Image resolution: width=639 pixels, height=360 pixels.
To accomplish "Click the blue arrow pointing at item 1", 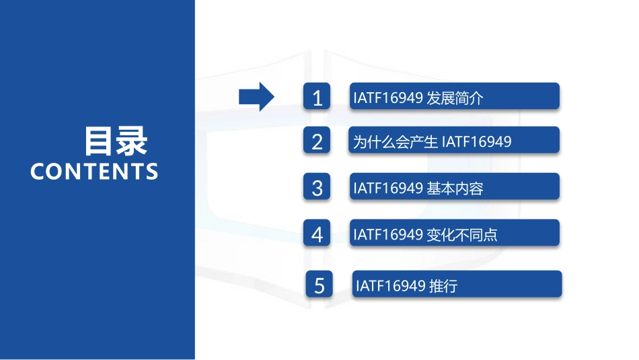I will click(256, 98).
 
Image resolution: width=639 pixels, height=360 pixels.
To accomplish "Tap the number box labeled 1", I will click(317, 98).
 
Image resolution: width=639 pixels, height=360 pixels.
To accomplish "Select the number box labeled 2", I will click(317, 141).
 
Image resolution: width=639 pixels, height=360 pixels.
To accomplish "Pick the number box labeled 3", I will click(317, 188).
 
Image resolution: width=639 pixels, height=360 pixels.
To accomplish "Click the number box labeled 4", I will click(317, 234).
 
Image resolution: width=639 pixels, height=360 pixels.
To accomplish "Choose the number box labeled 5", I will click(319, 285).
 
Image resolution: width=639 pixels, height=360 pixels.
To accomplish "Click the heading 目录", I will click(116, 141).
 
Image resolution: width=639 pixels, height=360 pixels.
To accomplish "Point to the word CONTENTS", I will click(94, 172).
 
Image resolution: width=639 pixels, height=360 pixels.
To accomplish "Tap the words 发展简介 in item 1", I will click(455, 98).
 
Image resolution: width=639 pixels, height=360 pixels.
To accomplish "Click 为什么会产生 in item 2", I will click(396, 142).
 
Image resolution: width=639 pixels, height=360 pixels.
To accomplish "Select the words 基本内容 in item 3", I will click(455, 188).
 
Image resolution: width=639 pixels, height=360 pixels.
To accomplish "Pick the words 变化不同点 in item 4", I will click(462, 235).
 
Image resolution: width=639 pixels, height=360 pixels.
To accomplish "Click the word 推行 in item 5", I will click(443, 286).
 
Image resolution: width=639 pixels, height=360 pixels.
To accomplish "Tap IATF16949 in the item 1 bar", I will click(387, 98).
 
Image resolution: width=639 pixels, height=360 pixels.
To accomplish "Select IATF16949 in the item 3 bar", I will click(387, 188).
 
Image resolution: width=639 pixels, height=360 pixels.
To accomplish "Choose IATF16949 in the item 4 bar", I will click(387, 235).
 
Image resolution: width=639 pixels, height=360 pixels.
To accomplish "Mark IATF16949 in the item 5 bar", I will click(390, 286).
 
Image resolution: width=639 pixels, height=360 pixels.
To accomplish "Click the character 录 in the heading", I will click(132, 141).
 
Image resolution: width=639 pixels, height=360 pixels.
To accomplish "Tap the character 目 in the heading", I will click(100, 141).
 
